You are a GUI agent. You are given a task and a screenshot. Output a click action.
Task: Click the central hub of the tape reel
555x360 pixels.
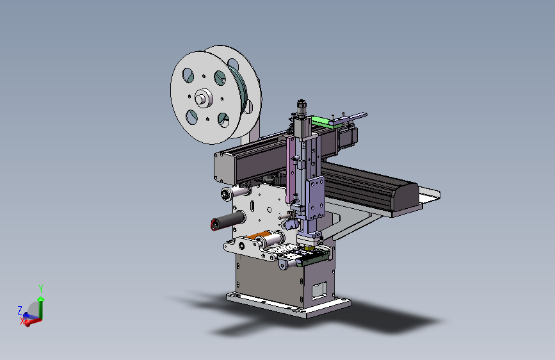[x=202, y=97]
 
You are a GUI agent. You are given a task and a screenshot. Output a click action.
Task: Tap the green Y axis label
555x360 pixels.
[x=41, y=289]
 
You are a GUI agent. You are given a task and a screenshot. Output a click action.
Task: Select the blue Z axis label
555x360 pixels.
[x=20, y=311]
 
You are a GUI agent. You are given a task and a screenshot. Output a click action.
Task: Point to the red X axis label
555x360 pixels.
[x=22, y=322]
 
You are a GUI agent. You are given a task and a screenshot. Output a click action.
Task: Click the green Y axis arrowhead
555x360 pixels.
[x=41, y=299]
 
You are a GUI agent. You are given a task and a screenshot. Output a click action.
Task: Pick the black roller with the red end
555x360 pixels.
[x=228, y=220]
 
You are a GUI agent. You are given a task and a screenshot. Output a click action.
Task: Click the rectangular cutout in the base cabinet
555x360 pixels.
[x=319, y=291]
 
